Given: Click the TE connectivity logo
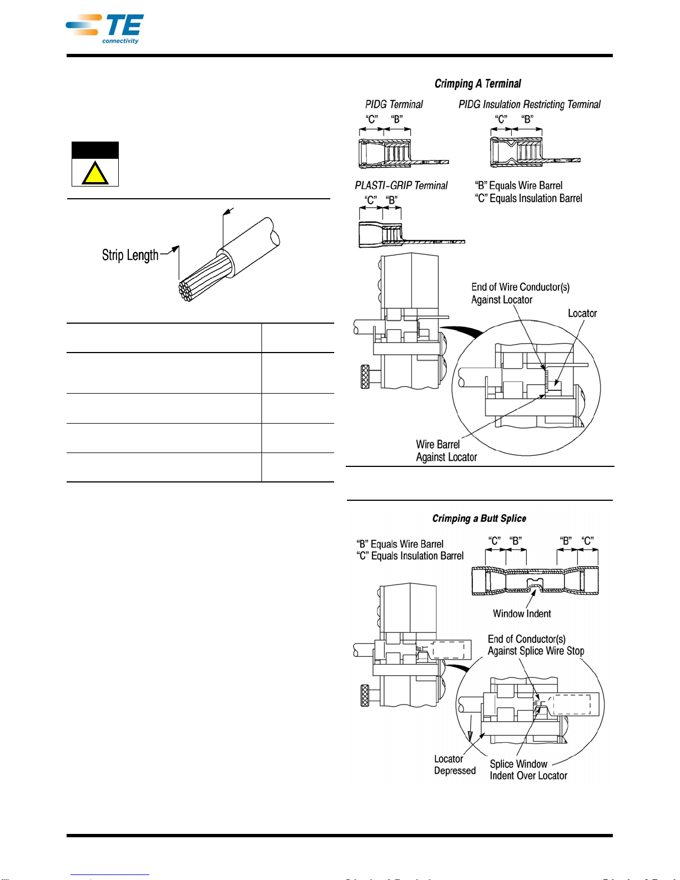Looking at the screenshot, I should (x=105, y=29).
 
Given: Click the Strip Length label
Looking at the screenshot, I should (x=130, y=255).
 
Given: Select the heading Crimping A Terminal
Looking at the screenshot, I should (x=477, y=84).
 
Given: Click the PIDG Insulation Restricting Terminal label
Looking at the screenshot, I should (x=529, y=104).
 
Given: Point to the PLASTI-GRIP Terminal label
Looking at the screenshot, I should (x=401, y=185).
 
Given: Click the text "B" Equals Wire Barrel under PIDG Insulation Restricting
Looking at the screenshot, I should (x=518, y=185).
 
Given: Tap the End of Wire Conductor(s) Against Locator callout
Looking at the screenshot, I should (x=520, y=293).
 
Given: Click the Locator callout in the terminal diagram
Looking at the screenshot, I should (x=582, y=314).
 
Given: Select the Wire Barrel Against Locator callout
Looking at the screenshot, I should (x=446, y=451).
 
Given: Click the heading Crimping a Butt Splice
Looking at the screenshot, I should (x=479, y=519).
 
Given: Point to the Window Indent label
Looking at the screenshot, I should (x=521, y=614).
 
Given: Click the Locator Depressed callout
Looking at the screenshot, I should (x=455, y=765).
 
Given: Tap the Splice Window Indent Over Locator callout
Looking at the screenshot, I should (x=528, y=770).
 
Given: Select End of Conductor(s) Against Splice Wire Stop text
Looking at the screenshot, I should (x=535, y=645).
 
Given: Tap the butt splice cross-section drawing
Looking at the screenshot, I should (x=535, y=581).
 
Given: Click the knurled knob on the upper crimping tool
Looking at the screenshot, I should (x=366, y=376).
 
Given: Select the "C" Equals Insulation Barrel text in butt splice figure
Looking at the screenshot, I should (x=410, y=556).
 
